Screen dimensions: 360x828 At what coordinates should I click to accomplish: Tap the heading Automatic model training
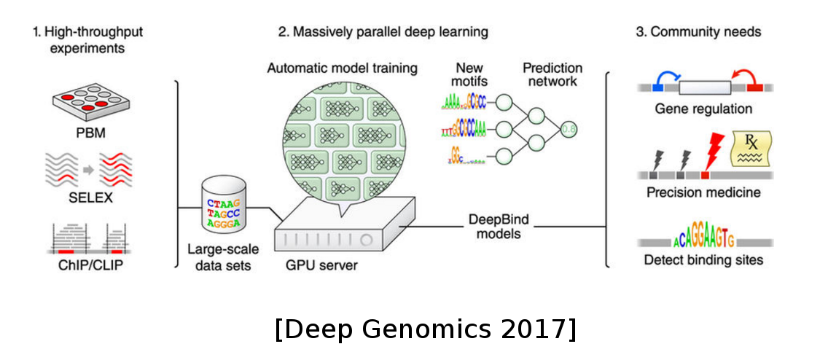click(x=342, y=69)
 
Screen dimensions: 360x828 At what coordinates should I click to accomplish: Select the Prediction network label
click(x=552, y=75)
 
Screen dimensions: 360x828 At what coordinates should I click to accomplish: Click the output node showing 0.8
click(x=569, y=130)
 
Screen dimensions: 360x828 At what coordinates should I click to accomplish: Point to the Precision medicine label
click(x=703, y=193)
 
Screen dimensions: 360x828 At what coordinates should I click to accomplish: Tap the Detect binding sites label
click(x=703, y=259)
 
